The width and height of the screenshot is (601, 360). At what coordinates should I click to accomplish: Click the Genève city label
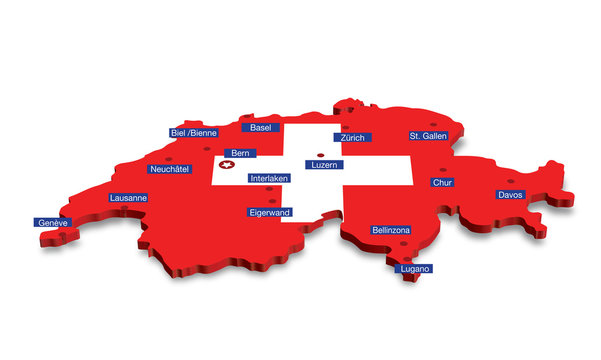click(51, 222)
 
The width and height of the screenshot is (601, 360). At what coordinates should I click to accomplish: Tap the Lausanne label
click(128, 198)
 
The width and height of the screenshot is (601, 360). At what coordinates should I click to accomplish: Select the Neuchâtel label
click(169, 169)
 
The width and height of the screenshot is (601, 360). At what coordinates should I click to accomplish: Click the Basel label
click(261, 128)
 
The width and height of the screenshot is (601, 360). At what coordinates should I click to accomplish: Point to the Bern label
click(240, 154)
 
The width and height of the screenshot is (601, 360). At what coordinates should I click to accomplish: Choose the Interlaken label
click(269, 178)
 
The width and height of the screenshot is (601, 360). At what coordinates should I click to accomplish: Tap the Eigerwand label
click(269, 213)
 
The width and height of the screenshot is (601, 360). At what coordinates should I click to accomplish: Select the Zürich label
click(352, 137)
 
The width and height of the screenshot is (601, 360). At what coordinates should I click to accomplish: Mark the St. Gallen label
click(428, 135)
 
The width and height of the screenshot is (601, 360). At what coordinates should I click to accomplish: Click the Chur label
click(442, 183)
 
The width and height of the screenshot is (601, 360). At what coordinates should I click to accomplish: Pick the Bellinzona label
click(391, 230)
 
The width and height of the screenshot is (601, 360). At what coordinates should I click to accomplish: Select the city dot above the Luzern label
click(320, 155)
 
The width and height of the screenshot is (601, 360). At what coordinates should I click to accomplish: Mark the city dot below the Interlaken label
click(270, 188)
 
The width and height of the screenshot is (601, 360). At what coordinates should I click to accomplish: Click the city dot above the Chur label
click(441, 170)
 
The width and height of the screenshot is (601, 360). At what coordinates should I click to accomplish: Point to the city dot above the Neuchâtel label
click(168, 158)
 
